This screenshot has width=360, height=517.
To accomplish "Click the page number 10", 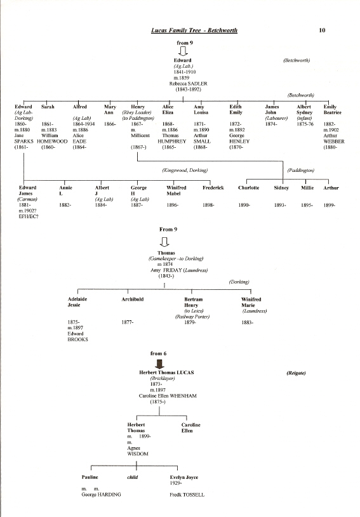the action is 322,30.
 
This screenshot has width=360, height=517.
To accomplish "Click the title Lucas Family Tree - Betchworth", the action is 194,30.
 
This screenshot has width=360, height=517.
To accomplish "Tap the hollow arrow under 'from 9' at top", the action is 183,51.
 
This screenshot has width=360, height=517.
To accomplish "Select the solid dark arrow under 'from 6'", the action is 159,363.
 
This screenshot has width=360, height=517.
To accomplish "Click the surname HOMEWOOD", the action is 52,141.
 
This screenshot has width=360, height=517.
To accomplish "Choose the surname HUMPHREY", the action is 172,141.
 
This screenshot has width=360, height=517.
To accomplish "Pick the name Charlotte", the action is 248,188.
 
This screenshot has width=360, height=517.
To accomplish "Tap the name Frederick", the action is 213,188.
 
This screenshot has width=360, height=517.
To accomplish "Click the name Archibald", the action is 132,299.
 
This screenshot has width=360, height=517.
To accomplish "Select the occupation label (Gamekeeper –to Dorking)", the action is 176,259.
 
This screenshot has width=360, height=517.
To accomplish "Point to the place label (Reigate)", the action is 296,373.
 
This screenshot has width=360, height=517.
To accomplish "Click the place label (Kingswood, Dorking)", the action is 185,170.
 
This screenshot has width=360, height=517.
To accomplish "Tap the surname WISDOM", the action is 138,454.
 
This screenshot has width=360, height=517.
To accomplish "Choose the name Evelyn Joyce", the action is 183,477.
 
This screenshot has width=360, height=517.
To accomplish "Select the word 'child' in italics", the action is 132,477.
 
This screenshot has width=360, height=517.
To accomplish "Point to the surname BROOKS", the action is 78,339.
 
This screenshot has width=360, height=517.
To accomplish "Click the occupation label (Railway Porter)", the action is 192,317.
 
